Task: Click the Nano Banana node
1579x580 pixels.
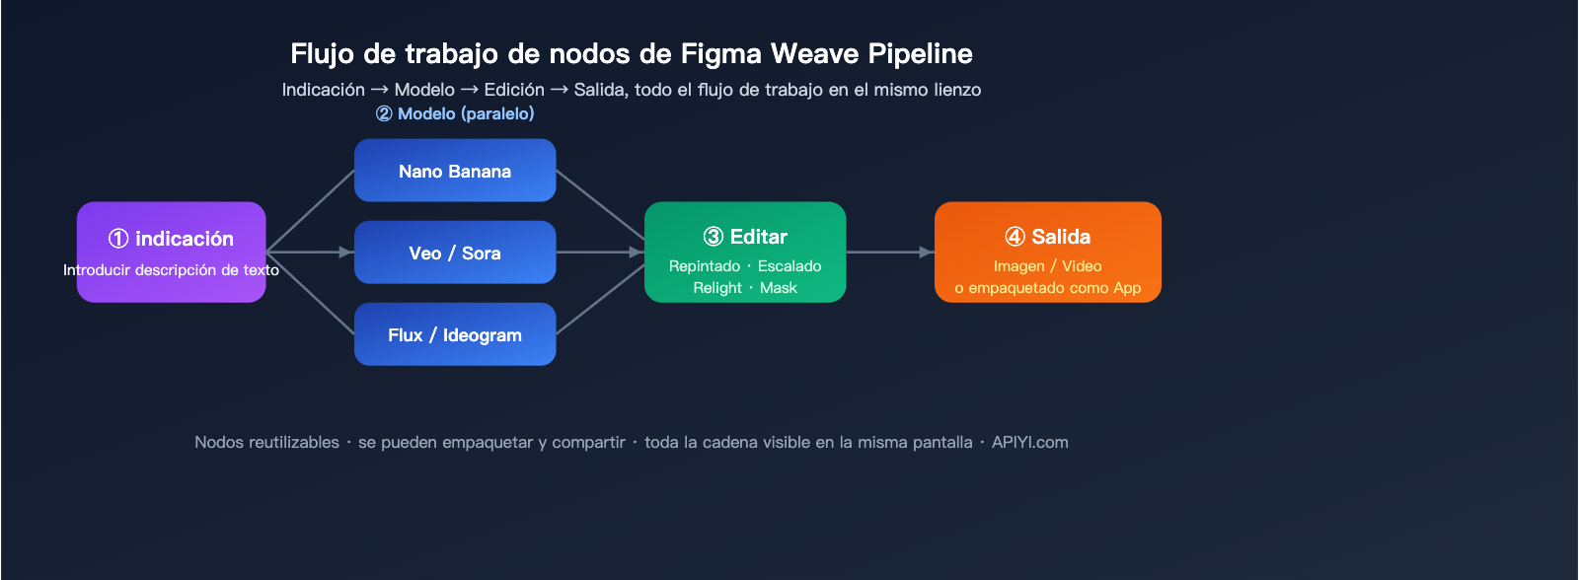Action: [455, 171]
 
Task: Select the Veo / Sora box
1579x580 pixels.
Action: [455, 253]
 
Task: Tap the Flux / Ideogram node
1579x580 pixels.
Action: [455, 334]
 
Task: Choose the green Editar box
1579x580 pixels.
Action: [745, 252]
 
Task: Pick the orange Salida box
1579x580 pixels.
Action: [1047, 252]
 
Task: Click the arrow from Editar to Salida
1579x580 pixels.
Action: [888, 253]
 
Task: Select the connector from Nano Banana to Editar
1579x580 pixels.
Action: [600, 204]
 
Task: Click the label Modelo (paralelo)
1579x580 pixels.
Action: [455, 113]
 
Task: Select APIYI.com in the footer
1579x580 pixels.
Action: [1029, 442]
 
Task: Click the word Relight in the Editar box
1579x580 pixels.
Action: [717, 288]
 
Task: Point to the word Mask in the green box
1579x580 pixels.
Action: [779, 288]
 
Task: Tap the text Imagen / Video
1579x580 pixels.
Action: [1047, 266]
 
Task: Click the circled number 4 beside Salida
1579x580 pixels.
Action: [1015, 237]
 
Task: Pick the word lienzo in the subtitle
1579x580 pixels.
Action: [956, 90]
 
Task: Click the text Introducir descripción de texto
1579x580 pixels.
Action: [171, 270]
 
